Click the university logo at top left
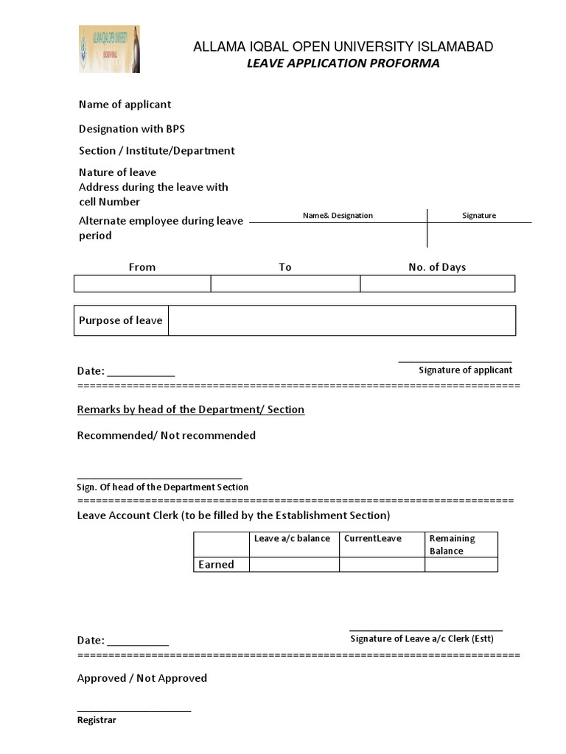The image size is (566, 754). click(x=109, y=49)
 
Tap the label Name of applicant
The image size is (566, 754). click(x=125, y=105)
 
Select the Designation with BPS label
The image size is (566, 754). click(x=132, y=129)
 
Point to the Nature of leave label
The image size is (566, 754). click(x=117, y=172)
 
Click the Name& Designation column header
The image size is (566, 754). click(x=338, y=216)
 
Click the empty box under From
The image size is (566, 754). click(x=142, y=283)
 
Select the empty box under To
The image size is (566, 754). click(x=285, y=283)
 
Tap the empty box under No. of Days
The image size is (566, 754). click(x=437, y=283)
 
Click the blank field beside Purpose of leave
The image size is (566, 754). click(x=341, y=320)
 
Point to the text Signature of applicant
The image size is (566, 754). click(x=465, y=370)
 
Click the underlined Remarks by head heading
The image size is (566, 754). click(x=191, y=409)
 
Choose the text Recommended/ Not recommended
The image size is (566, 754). click(x=167, y=435)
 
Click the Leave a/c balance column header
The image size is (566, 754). click(x=292, y=539)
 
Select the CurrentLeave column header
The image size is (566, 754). click(x=372, y=539)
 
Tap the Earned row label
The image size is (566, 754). click(x=216, y=565)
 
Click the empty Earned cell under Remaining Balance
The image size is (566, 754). click(x=461, y=565)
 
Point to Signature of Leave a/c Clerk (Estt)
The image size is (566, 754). click(x=422, y=639)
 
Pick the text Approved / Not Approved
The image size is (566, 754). click(x=142, y=678)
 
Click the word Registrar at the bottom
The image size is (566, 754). click(x=97, y=720)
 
